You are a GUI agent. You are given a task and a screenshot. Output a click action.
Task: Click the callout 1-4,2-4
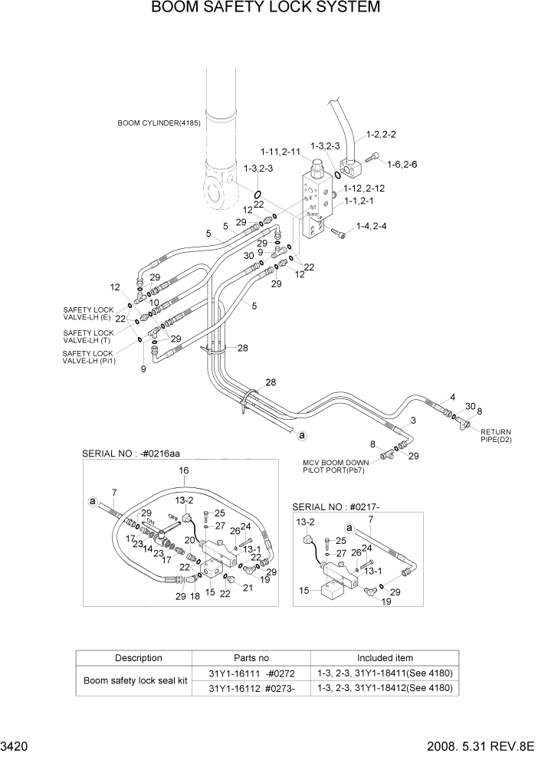[x=370, y=226]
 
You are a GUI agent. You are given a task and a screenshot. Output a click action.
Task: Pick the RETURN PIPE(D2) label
[x=495, y=436]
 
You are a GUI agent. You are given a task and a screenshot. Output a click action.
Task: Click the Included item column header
[x=384, y=658]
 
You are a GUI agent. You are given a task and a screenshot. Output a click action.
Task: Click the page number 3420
[x=16, y=744]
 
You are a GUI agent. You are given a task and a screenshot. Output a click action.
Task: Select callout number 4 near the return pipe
[x=452, y=397]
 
